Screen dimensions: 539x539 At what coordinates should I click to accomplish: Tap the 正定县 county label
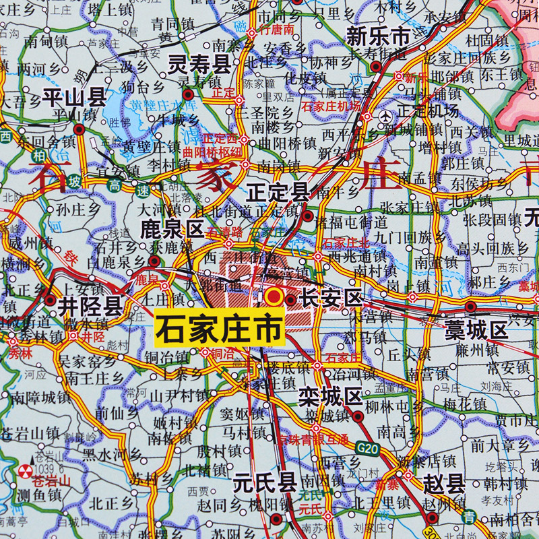[x=278, y=191]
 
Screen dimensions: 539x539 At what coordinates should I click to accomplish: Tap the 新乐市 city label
[x=378, y=37]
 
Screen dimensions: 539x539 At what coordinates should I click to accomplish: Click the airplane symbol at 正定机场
[x=385, y=116]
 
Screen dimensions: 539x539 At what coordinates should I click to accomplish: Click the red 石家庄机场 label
[x=331, y=106]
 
